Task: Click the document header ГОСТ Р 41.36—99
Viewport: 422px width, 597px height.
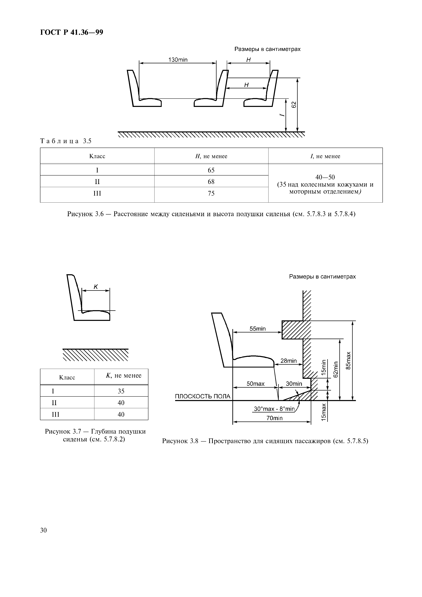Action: (72, 33)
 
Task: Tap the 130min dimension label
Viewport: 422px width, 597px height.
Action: (178, 60)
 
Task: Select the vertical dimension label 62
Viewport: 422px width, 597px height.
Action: (294, 105)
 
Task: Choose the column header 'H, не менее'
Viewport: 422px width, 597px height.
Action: (211, 156)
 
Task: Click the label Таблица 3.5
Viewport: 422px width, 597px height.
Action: (66, 141)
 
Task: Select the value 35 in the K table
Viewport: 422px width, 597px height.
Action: (121, 391)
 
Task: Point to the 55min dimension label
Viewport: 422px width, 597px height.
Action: (258, 329)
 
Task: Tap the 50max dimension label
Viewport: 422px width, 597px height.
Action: (256, 384)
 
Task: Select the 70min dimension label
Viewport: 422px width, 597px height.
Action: (274, 418)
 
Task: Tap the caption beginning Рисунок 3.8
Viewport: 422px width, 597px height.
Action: (265, 441)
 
